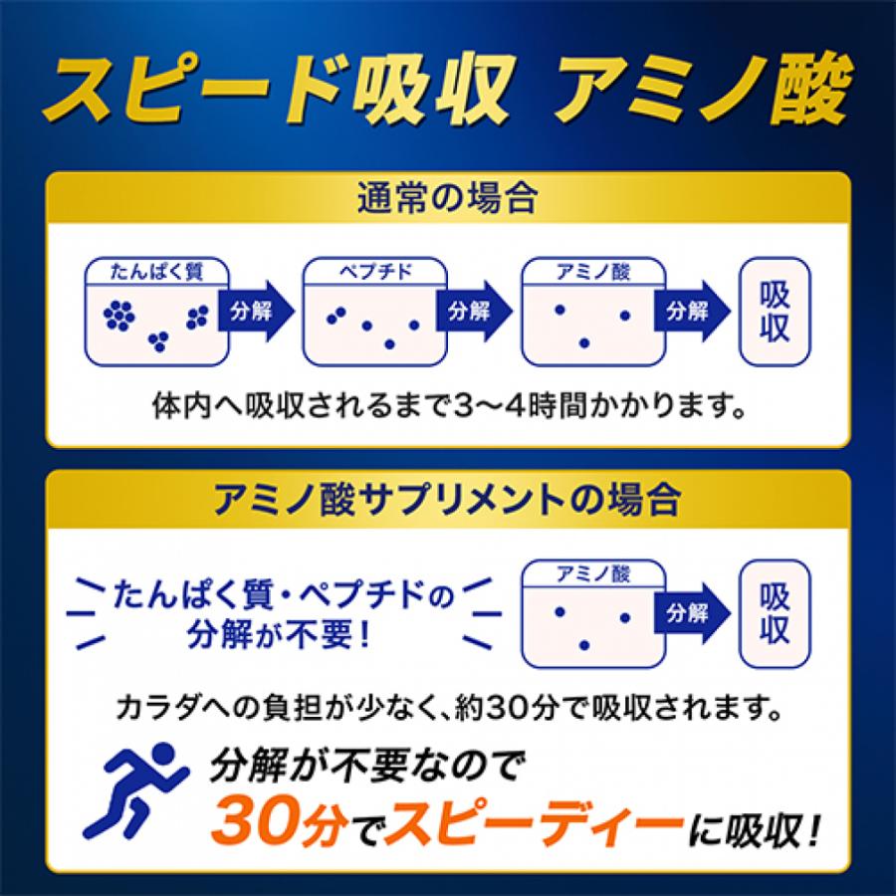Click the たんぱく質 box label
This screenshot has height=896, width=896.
pyautogui.click(x=157, y=270)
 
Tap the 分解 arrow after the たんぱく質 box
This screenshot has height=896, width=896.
pyautogui.click(x=253, y=311)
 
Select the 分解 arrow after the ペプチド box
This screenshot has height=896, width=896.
pyautogui.click(x=472, y=311)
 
